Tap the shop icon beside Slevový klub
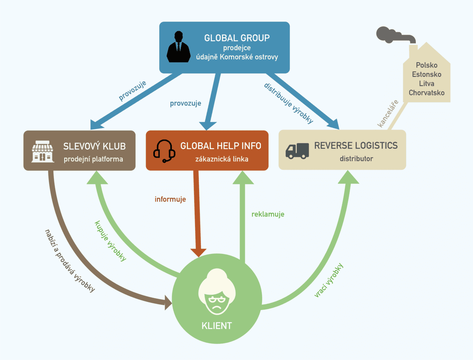[43, 151]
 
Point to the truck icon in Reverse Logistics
[297, 151]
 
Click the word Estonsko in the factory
[426, 74]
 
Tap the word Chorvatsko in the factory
[426, 93]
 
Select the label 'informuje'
[170, 200]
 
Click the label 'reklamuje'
[268, 215]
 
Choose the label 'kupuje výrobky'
[111, 241]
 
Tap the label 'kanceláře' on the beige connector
[388, 114]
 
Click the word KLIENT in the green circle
[216, 326]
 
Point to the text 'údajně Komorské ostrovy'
[237, 57]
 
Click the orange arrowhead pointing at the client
[198, 253]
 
